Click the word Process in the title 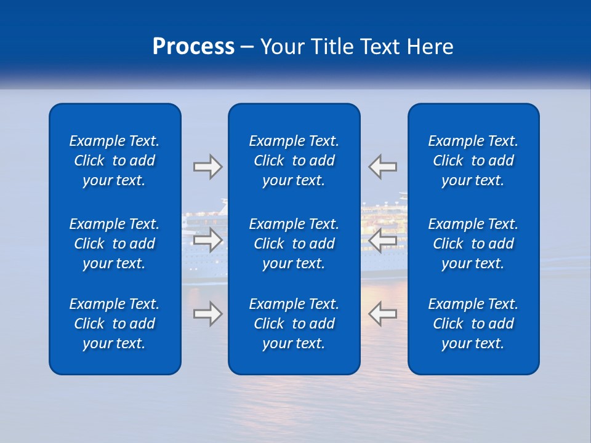coord(193,47)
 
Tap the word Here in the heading coord(430,47)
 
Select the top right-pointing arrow coord(207,167)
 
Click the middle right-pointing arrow coord(207,239)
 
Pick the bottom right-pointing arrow coord(207,314)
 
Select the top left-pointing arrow coord(383,167)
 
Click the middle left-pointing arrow coord(383,239)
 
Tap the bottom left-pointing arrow coord(383,314)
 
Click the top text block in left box coord(115,161)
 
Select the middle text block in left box coord(115,244)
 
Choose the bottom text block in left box coord(115,324)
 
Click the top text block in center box coord(294,161)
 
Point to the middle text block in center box coord(294,244)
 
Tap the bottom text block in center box coord(294,324)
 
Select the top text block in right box coord(473,161)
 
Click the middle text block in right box coord(473,244)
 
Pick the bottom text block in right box coord(473,324)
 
